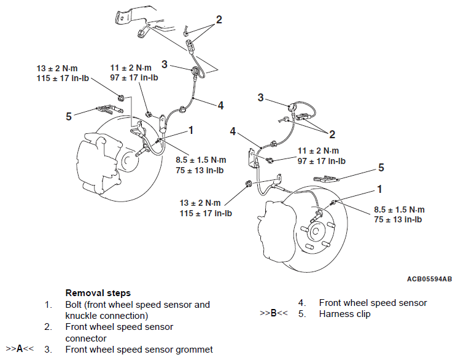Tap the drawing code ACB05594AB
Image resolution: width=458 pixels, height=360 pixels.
(429, 278)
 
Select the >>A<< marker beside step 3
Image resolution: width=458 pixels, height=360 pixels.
(20, 349)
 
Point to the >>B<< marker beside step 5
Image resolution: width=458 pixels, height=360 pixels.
(274, 314)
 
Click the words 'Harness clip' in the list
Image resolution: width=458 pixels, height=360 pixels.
(344, 314)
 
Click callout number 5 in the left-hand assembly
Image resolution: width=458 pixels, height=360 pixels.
(69, 115)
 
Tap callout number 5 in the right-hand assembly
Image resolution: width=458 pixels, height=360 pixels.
(381, 166)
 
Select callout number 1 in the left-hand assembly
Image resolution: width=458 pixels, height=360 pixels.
(191, 130)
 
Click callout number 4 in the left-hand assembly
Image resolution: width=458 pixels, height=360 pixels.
(220, 105)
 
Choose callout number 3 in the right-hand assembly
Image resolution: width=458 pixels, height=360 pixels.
(260, 98)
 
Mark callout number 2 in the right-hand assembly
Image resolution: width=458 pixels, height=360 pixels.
(332, 134)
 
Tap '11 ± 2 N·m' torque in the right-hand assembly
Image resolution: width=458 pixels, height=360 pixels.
(319, 151)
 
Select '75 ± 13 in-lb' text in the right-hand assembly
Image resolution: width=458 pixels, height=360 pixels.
(397, 219)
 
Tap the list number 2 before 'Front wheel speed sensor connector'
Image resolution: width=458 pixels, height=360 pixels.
(48, 327)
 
